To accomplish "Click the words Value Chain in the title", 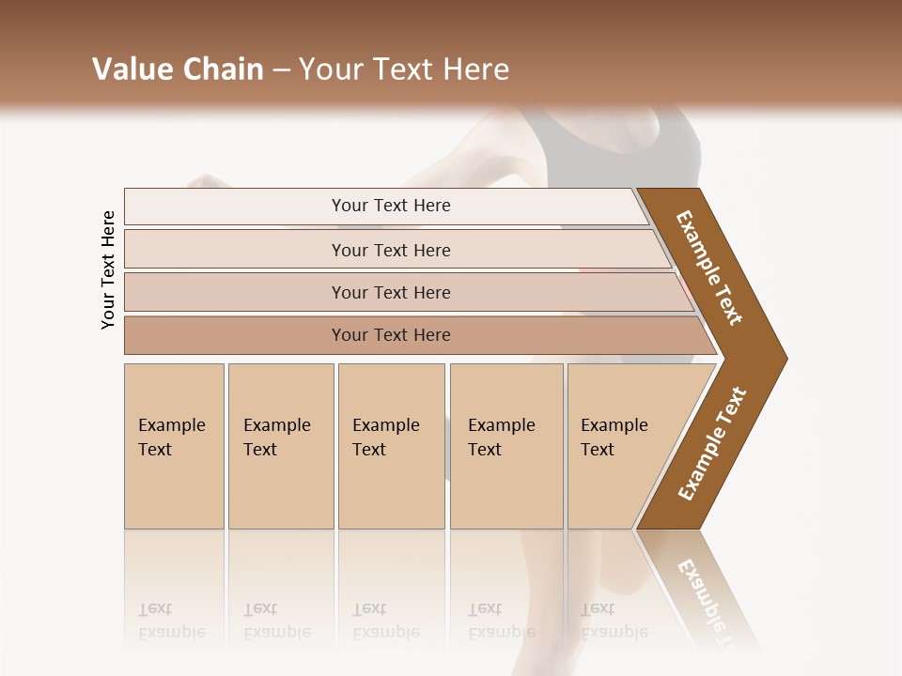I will click(178, 69).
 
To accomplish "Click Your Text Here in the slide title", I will click(403, 69).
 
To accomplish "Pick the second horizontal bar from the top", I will click(391, 250).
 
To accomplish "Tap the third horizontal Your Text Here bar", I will click(391, 292).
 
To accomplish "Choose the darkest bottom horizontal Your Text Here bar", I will click(391, 335).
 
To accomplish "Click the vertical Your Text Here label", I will click(108, 269).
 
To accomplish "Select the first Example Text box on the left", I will click(174, 446).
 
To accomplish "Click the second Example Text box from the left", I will click(280, 446).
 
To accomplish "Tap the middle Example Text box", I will click(391, 446).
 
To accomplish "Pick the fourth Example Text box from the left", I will click(506, 446).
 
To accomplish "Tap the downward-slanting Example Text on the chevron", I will click(710, 267).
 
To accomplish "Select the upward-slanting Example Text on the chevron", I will click(712, 443).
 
